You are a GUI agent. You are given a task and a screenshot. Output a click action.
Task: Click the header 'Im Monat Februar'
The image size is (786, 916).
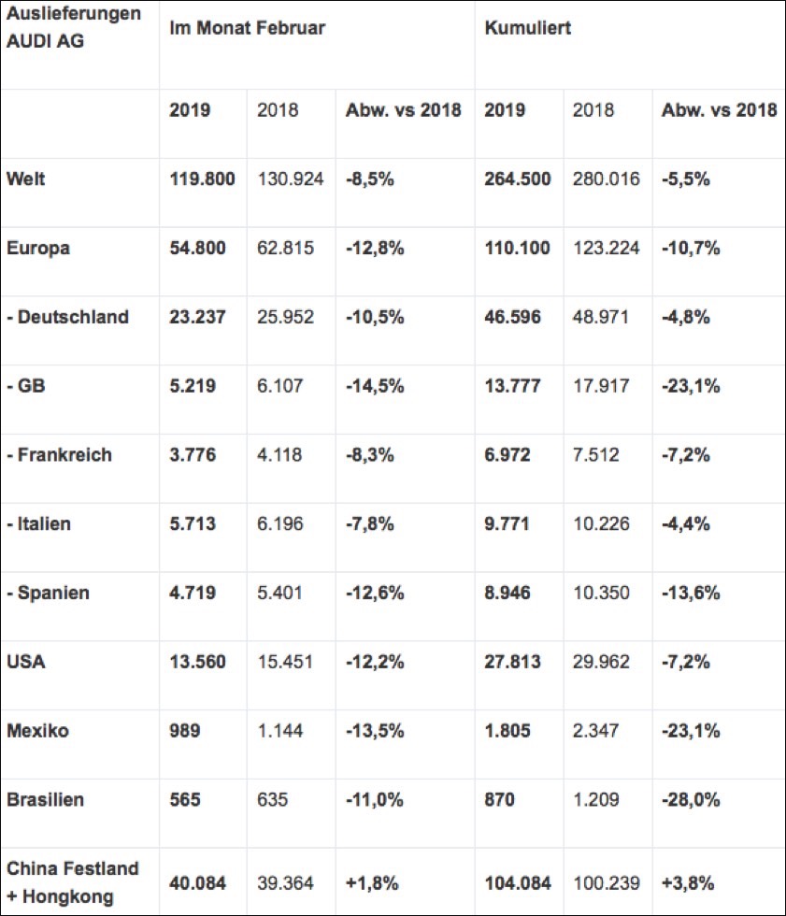pos(247,28)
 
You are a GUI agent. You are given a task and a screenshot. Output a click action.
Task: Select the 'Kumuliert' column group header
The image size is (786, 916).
pos(527,28)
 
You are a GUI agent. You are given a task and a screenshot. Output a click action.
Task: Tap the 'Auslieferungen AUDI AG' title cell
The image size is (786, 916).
pos(74,28)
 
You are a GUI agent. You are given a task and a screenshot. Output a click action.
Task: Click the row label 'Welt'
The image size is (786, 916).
pos(25,179)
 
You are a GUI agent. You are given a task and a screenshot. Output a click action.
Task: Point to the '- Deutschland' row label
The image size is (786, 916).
pos(67,317)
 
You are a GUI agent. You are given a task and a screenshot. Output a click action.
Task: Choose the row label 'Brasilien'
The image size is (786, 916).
pos(45,800)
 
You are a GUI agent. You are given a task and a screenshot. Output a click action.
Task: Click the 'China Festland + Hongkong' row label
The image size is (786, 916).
pos(73,882)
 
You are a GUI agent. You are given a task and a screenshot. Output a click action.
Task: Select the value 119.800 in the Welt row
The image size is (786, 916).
pos(202,179)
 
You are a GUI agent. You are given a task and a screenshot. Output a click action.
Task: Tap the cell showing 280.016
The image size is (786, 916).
pos(607,179)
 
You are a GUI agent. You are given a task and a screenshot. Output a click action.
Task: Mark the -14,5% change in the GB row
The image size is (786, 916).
pos(375,386)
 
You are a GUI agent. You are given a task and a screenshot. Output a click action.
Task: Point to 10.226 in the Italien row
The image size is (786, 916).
pos(602,524)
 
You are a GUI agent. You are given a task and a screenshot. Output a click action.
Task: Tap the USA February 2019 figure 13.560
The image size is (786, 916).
pos(197,663)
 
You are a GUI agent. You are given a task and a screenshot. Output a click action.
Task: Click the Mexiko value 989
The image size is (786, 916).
pos(185,731)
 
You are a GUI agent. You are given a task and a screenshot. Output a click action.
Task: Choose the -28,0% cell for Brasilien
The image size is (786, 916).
pos(691,800)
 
